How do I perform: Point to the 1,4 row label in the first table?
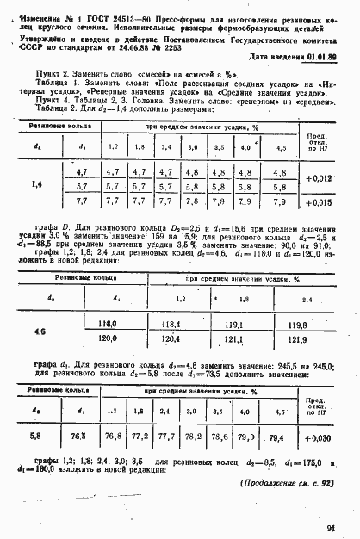click(37, 184)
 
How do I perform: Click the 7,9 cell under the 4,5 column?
click(278, 202)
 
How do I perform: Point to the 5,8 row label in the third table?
click(35, 437)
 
